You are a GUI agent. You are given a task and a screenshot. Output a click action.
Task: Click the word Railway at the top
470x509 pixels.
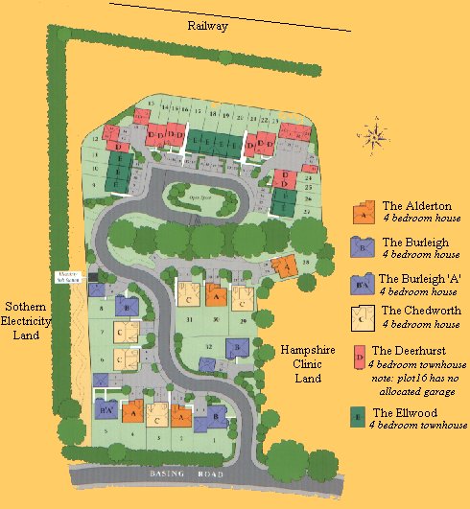click(207, 27)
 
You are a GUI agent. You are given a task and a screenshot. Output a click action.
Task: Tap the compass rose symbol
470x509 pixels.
click(377, 133)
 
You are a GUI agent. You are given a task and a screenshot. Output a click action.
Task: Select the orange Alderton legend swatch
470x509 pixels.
click(364, 213)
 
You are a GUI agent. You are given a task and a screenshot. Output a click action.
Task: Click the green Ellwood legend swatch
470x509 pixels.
click(359, 416)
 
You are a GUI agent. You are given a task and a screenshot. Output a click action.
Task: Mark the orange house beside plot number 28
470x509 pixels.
click(283, 266)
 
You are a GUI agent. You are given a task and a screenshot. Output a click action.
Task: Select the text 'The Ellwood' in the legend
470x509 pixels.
click(402, 412)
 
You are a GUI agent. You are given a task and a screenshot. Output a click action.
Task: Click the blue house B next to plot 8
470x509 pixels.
click(124, 306)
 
